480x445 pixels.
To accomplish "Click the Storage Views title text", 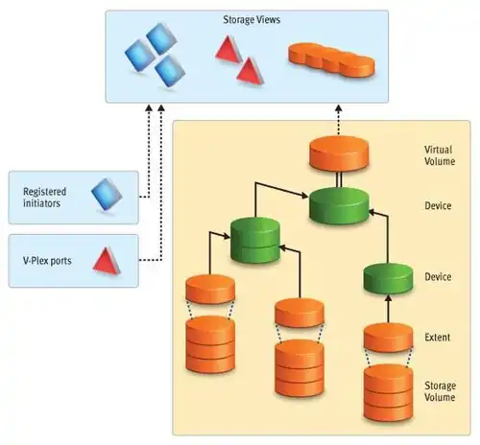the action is [252, 20].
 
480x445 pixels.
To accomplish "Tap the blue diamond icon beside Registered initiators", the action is [107, 195].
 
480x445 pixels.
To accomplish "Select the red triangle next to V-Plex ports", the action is [107, 261].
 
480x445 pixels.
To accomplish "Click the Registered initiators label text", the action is [44, 198].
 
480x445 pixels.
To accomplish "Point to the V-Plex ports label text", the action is [47, 261].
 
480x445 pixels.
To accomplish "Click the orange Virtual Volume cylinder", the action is [339, 153].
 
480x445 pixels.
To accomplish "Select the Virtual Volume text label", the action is [440, 155].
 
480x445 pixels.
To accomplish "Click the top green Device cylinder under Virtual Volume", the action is [339, 205].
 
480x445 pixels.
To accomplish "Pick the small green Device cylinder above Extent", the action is [388, 278].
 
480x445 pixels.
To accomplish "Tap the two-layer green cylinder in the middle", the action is [255, 240].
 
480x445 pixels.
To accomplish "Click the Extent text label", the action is [437, 337].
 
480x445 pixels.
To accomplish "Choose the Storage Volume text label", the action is [440, 391].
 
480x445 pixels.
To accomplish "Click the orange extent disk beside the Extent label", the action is [388, 338].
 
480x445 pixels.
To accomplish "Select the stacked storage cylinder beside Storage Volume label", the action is [388, 392].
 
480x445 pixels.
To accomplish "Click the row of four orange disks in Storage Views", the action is [331, 59].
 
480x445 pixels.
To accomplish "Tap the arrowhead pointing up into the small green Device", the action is [388, 298].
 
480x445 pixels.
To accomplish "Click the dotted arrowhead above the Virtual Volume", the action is [339, 108].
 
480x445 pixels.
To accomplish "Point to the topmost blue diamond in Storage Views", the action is [161, 38].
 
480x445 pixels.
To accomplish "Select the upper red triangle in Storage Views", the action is [228, 49].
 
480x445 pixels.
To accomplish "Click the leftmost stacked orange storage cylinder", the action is [210, 344].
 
